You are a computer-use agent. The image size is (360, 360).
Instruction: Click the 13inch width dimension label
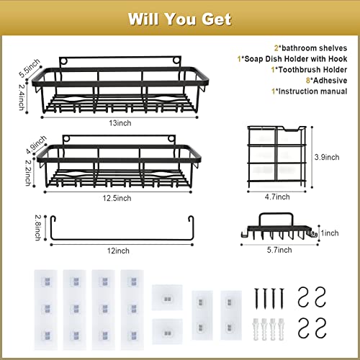click(x=120, y=123)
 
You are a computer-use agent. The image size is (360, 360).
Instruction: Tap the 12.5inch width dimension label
click(x=117, y=198)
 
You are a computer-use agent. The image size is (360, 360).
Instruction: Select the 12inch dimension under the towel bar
click(x=118, y=251)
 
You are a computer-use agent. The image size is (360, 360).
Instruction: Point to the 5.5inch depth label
click(x=30, y=68)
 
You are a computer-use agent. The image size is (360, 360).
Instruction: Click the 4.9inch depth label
click(x=36, y=145)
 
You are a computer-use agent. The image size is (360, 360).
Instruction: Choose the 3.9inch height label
click(x=327, y=157)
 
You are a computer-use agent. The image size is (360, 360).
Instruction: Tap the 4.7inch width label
click(x=277, y=197)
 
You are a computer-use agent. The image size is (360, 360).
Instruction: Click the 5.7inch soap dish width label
click(x=279, y=250)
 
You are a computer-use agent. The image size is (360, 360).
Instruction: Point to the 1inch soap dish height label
click(x=330, y=233)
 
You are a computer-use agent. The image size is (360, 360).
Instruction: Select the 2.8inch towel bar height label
click(x=38, y=228)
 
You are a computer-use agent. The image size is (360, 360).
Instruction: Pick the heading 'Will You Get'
click(x=180, y=19)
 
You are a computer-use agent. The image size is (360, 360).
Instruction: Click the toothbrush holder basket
click(x=277, y=157)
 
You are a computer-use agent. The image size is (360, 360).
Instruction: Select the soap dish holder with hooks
click(x=279, y=227)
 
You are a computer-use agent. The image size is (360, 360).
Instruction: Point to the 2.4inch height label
click(x=22, y=97)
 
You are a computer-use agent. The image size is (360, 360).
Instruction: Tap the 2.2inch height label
click(x=28, y=173)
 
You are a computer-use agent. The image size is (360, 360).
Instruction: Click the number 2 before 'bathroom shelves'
click(x=276, y=48)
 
